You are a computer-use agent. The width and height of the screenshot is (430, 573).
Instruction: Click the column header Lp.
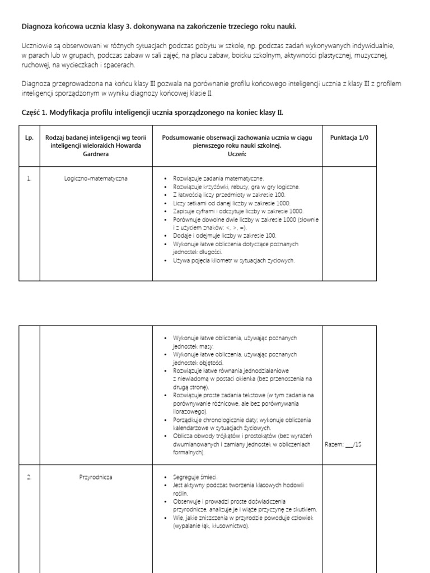(29, 138)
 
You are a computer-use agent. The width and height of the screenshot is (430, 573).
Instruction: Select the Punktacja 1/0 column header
(349, 138)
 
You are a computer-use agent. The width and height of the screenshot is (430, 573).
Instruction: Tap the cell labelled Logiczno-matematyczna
(96, 179)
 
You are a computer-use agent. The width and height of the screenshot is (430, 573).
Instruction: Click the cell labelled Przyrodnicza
(96, 477)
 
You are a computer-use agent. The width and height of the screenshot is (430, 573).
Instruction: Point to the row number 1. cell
(29, 179)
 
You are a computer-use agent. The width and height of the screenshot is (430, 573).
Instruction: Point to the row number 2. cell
(29, 477)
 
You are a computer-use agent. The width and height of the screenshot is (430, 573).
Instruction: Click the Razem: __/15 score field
(344, 445)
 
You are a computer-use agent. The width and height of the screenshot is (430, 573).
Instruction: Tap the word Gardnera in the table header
(96, 154)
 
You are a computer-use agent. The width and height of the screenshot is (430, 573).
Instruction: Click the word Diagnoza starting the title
(37, 26)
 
